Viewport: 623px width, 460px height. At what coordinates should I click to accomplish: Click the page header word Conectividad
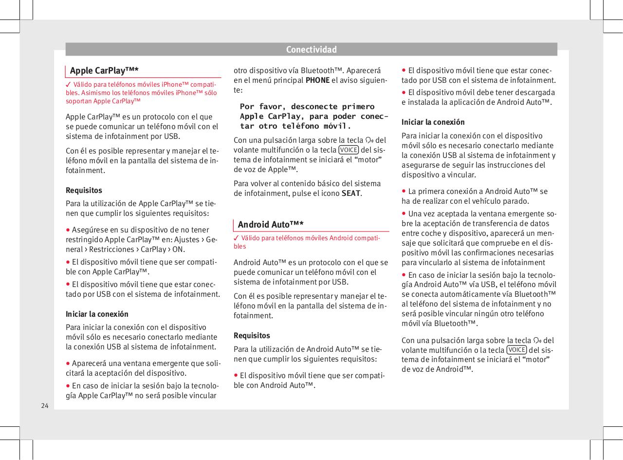pyautogui.click(x=311, y=50)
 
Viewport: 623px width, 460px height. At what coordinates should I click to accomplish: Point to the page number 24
pyautogui.click(x=45, y=405)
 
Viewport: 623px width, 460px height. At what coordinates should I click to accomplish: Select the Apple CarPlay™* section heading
pyautogui.click(x=104, y=71)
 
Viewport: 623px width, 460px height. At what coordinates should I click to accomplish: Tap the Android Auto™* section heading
pyautogui.click(x=271, y=224)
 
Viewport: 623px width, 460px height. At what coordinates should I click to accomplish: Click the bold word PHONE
pyautogui.click(x=317, y=80)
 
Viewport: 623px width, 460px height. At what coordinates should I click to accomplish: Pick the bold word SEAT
pyautogui.click(x=351, y=193)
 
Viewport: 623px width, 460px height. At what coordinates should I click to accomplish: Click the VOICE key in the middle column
pyautogui.click(x=348, y=150)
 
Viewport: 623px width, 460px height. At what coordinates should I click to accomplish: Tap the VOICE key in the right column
pyautogui.click(x=516, y=350)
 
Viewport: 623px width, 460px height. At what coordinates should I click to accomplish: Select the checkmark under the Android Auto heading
pyautogui.click(x=237, y=237)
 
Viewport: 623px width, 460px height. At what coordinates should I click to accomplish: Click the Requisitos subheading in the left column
pyautogui.click(x=84, y=190)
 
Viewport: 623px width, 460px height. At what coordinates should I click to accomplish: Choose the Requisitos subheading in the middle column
pyautogui.click(x=252, y=335)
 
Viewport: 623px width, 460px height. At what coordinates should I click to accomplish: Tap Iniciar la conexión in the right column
pyautogui.click(x=433, y=122)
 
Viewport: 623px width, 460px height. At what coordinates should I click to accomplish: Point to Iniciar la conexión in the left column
pyautogui.click(x=97, y=314)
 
